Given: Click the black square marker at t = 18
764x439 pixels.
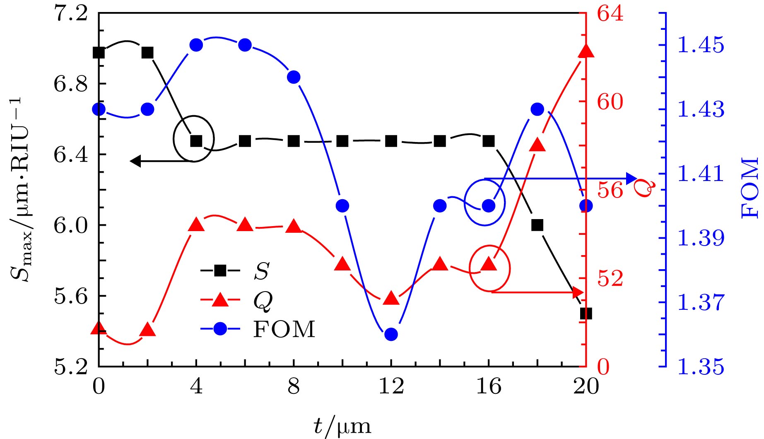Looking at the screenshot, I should (x=537, y=225).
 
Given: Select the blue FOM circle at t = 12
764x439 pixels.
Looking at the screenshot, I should (x=391, y=334).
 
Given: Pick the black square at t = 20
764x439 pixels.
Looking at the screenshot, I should (x=586, y=314).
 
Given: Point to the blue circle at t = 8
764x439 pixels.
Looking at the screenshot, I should (x=294, y=77).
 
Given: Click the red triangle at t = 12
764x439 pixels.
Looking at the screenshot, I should (x=391, y=299).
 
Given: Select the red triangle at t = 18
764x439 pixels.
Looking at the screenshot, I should (x=537, y=145).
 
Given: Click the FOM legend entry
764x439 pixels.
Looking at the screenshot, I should (x=284, y=330).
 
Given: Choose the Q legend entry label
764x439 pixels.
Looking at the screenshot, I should (x=263, y=301).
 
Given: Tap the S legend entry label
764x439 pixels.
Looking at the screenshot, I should (x=262, y=272).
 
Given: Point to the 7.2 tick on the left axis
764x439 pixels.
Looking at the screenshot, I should (x=71, y=14).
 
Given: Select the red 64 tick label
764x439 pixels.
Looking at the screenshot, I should (x=610, y=14).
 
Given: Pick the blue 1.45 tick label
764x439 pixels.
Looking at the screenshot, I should (x=701, y=45).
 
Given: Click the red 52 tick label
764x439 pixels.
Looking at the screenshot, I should (x=610, y=279).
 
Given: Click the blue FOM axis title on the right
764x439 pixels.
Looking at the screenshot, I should (x=750, y=188).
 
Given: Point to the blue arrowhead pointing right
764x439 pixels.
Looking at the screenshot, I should (x=632, y=178).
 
